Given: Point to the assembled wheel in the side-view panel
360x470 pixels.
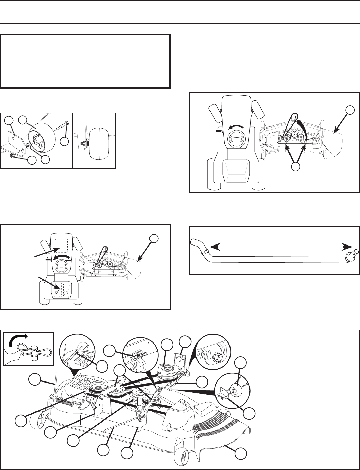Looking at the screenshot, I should click(98, 140).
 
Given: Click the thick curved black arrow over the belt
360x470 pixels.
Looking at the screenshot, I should click(300, 127).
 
